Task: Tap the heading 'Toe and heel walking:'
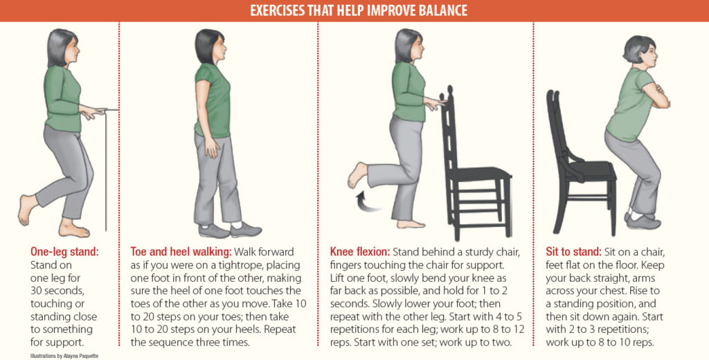pos(181,251)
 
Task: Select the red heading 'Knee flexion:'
pos(360,251)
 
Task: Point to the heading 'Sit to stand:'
pos(574,251)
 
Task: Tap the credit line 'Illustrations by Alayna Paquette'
pos(64,356)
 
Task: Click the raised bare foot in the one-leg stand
pos(27,210)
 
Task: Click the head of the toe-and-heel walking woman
pos(210,46)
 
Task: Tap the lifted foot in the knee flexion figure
pos(358,175)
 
